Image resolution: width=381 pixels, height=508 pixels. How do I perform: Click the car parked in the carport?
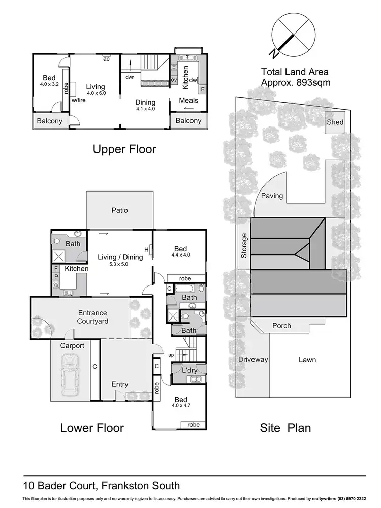pyautogui.click(x=70, y=375)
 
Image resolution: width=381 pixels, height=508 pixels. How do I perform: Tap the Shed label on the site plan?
pyautogui.click(x=335, y=122)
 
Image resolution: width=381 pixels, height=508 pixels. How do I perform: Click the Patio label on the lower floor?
pyautogui.click(x=120, y=210)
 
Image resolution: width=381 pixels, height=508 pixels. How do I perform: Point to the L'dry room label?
pyautogui.click(x=189, y=371)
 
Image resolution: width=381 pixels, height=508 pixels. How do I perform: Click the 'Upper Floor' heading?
pyautogui.click(x=124, y=149)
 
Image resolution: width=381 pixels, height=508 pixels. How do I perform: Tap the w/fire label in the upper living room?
pyautogui.click(x=79, y=101)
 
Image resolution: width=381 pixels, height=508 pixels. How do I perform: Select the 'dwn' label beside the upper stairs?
pyautogui.click(x=130, y=77)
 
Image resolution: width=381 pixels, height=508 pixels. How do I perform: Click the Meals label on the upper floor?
pyautogui.click(x=188, y=100)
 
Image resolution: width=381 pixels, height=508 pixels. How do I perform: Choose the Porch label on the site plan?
pyautogui.click(x=281, y=326)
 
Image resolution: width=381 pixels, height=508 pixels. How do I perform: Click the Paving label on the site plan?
pyautogui.click(x=272, y=196)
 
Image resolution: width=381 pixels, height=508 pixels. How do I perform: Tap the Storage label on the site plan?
pyautogui.click(x=244, y=245)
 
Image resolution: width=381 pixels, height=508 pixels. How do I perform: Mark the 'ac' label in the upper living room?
pyautogui.click(x=107, y=59)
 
